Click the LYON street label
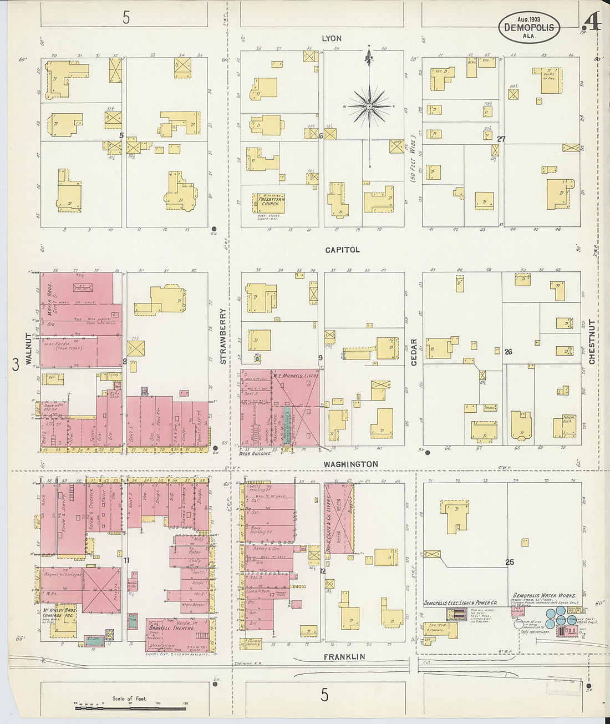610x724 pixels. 332,38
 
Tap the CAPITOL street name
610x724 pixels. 342,250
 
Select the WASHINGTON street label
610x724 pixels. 351,464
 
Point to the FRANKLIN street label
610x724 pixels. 345,657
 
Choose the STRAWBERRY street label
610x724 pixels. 223,345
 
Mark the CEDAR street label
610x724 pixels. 414,352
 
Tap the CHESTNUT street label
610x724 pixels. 592,342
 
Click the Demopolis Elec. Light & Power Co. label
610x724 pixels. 460,603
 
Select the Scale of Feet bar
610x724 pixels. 130,708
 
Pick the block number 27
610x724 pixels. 501,139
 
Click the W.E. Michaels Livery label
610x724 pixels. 294,376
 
